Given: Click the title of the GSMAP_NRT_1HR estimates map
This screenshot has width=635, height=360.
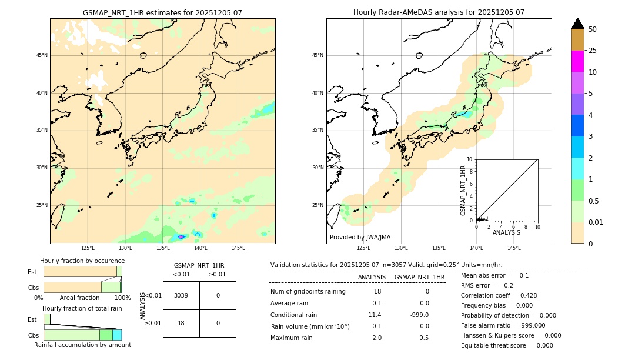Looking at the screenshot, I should tap(162, 12).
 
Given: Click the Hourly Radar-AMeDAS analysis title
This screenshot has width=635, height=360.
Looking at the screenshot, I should tap(439, 12).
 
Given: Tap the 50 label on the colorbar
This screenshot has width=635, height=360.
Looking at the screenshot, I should tap(593, 29).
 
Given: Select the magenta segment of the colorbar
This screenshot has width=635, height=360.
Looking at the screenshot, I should tap(577, 61).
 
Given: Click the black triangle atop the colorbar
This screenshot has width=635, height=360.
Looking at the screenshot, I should tap(577, 24).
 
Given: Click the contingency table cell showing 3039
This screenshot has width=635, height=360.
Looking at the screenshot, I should tap(181, 295).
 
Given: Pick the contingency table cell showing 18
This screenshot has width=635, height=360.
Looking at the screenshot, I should tap(181, 323).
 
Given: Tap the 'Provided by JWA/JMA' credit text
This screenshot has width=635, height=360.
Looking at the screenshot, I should tap(360, 238).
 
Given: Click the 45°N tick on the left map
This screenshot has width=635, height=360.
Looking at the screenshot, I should tap(42, 55).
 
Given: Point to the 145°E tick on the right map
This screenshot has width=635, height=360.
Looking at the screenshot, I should tap(514, 248).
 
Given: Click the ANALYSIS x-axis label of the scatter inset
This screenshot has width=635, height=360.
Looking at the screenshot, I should tap(506, 232).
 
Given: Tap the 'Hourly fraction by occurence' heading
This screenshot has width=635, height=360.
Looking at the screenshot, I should tap(82, 261).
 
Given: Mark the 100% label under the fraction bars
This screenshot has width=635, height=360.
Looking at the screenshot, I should tap(122, 298).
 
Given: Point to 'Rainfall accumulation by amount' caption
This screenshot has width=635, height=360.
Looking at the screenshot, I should tap(82, 345).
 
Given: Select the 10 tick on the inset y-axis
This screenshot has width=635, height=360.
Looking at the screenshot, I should tap(469, 159).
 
